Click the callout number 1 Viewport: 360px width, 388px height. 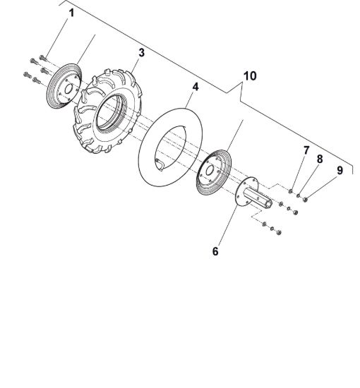tap(71, 13)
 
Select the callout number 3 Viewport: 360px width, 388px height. tap(141, 52)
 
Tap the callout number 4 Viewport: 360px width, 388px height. tap(196, 87)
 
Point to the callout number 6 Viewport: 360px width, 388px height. tap(215, 251)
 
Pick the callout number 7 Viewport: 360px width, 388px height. tap(306, 150)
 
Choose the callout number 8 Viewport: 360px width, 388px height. tap(320, 159)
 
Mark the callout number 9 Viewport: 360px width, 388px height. tap(340, 170)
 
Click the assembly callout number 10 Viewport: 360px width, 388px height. tap(250, 76)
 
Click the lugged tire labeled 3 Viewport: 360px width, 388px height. tap(108, 111)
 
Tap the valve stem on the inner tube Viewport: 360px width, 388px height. tap(160, 164)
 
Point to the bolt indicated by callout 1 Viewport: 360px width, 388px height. tap(43, 58)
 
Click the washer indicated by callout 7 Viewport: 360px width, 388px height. tap(291, 191)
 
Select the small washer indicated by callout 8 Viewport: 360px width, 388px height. tap(299, 195)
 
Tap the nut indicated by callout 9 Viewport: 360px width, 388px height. tap(305, 199)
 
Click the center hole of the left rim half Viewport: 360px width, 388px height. tap(68, 89)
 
